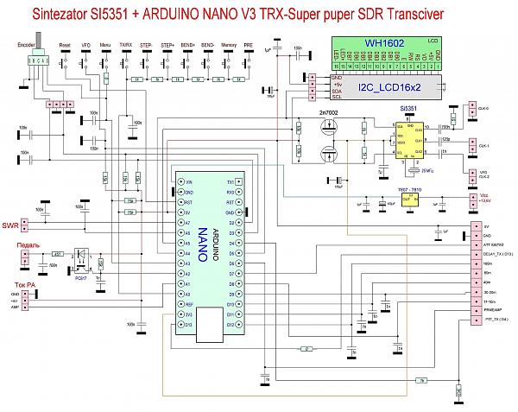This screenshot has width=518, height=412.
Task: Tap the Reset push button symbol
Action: coord(65,58)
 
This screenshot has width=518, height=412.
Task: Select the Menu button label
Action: coord(105,44)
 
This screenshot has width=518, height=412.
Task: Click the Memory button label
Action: coord(230,44)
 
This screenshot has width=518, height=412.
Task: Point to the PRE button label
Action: coord(249,44)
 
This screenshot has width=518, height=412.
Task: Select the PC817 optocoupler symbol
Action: coord(85,257)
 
